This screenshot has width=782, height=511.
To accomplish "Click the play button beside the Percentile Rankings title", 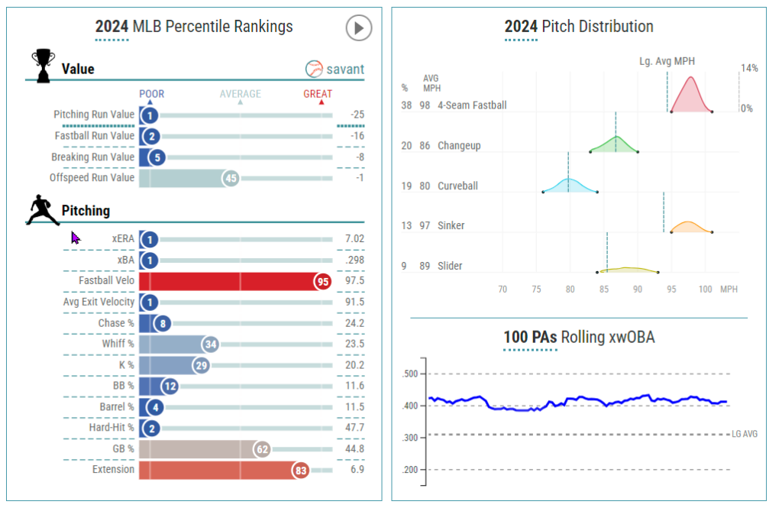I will (x=358, y=28).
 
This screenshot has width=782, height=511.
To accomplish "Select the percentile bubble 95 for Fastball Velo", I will (x=323, y=281).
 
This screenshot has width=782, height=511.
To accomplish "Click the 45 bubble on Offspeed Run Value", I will (x=231, y=178).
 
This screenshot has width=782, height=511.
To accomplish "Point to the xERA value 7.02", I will (x=354, y=239).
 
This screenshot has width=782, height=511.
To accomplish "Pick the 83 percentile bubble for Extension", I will (x=300, y=471).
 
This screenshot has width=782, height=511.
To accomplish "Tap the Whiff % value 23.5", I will (x=354, y=344).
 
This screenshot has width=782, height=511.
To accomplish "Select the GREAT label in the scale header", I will (x=318, y=94).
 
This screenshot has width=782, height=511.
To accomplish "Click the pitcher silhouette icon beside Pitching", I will (x=42, y=210).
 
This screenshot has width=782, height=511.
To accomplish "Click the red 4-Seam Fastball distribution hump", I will (x=691, y=95).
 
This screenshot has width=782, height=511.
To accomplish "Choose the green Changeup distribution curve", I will (x=616, y=144).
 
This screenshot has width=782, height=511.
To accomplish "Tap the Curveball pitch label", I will (x=457, y=186).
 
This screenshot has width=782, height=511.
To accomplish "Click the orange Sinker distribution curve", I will (x=689, y=227).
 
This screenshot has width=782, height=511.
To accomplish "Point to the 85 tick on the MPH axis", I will (x=604, y=289).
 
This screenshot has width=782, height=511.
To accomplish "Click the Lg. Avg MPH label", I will (x=667, y=61).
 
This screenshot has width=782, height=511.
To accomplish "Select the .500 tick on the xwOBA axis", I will (x=410, y=374).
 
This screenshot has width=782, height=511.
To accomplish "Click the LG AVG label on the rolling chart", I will (x=745, y=434).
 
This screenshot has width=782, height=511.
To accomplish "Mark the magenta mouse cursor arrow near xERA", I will (x=76, y=238).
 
